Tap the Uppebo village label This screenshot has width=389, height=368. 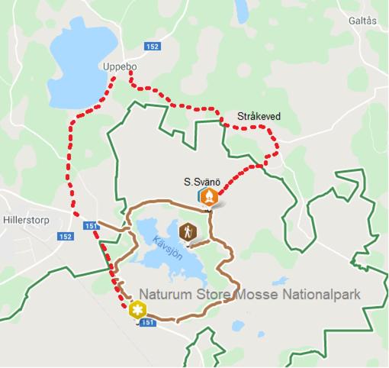tap(117, 66)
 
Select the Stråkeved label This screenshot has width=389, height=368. tap(258, 116)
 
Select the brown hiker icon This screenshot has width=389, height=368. tap(188, 231)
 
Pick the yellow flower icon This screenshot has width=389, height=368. tap(137, 310)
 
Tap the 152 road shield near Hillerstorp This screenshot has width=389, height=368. tap(66, 237)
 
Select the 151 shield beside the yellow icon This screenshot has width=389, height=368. tap(148, 323)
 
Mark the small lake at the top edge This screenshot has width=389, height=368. tap(242, 9)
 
